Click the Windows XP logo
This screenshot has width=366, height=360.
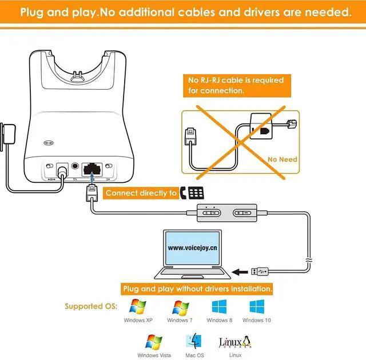[x=138, y=307]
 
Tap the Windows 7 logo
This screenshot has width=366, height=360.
[x=181, y=307]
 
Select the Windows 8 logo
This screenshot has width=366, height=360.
[x=219, y=306]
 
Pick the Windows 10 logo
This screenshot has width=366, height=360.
[x=256, y=306]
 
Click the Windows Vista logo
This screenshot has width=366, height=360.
[x=154, y=342]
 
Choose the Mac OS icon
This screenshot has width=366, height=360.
[x=194, y=342]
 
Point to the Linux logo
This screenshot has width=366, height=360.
[x=234, y=342]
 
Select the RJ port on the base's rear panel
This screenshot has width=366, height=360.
[x=92, y=169]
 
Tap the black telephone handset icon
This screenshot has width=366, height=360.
[x=184, y=193]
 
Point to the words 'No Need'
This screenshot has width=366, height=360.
[x=283, y=159]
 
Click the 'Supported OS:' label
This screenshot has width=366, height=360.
[x=91, y=306]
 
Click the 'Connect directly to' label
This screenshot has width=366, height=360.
[x=141, y=193]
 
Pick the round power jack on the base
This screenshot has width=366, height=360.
[x=62, y=169]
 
